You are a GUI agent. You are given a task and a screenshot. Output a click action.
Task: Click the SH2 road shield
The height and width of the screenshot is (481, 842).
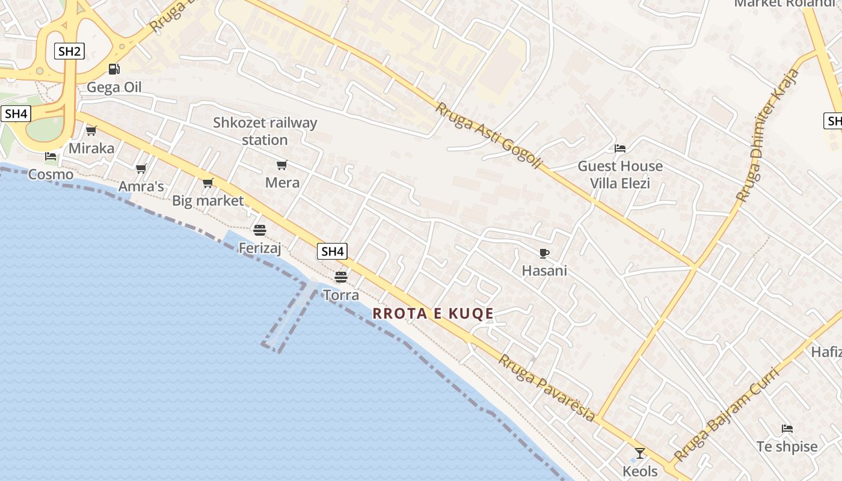70,51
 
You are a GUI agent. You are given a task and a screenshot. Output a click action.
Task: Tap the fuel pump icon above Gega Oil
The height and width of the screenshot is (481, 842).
114,69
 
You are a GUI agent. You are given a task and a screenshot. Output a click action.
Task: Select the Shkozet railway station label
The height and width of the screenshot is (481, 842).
265,131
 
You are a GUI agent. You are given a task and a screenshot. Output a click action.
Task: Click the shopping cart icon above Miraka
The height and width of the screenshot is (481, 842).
91,130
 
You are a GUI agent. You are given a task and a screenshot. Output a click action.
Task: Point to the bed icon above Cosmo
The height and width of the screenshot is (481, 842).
51,156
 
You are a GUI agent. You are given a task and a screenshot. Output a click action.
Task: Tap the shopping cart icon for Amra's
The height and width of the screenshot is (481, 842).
141,169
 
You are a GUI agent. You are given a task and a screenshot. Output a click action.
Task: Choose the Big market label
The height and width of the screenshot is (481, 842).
207,201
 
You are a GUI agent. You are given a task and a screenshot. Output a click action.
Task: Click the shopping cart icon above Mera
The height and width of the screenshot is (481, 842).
281,165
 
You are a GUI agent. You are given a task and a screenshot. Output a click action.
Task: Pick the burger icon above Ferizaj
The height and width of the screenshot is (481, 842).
260,230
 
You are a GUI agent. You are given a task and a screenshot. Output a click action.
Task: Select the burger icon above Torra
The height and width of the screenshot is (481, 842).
341,277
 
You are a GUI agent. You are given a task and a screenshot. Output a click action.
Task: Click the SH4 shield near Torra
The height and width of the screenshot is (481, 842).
332,251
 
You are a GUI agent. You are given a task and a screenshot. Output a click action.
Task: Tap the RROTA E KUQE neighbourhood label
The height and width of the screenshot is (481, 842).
433,313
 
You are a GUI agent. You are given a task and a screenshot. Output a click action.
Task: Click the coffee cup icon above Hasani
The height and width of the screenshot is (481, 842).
544,253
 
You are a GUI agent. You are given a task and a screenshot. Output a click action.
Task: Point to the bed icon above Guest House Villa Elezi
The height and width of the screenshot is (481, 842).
620,148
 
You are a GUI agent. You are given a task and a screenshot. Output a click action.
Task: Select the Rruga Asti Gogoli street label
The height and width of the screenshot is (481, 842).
489,135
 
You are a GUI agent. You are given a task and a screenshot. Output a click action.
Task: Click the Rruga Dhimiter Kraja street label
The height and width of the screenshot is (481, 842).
767,135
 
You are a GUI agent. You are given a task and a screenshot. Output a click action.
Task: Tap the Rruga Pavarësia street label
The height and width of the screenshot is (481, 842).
547,388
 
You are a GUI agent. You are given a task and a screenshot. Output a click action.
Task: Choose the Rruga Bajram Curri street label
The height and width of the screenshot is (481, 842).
727,414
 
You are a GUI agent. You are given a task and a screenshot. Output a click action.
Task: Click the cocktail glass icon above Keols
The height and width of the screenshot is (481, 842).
640,453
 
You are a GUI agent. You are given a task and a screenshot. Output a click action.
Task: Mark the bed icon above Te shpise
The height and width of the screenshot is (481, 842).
787,429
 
